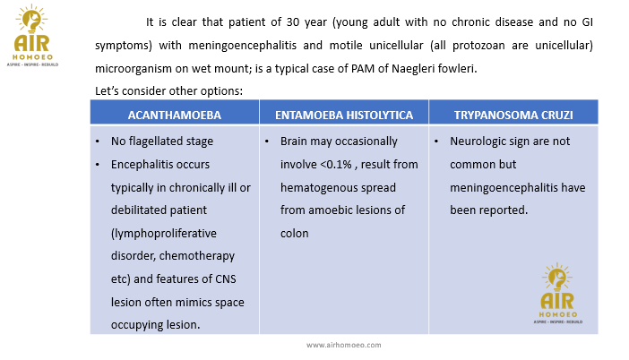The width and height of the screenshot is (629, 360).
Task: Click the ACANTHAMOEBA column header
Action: coord(174,116)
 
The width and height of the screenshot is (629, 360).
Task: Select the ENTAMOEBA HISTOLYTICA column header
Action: coord(344,116)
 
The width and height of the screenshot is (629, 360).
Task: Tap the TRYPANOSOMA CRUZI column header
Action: coord(513,116)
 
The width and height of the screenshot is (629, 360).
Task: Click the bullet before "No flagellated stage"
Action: coord(97,141)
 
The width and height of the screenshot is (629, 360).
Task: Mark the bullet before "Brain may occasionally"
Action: coord(267,141)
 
